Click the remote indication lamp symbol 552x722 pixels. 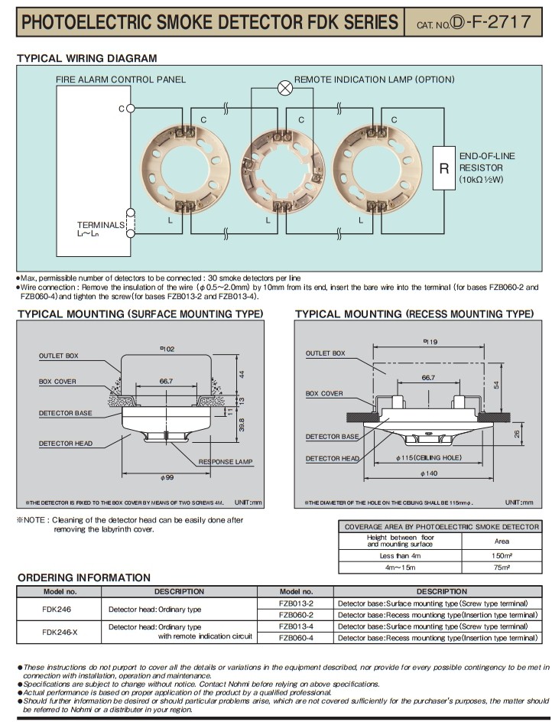tap(285, 87)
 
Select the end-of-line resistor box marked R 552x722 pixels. tap(443, 167)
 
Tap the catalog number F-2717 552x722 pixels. tap(489, 21)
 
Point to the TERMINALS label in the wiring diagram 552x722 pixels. tap(100, 225)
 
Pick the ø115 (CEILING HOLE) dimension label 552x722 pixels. tap(419, 457)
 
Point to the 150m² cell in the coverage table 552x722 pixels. tap(502, 556)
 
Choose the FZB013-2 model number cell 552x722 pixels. tap(296, 603)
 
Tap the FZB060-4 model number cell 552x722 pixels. tap(296, 637)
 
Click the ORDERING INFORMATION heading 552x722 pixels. tap(83, 577)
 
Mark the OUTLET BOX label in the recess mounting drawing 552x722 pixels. tap(326, 353)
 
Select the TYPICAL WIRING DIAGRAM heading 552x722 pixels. tap(86, 58)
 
